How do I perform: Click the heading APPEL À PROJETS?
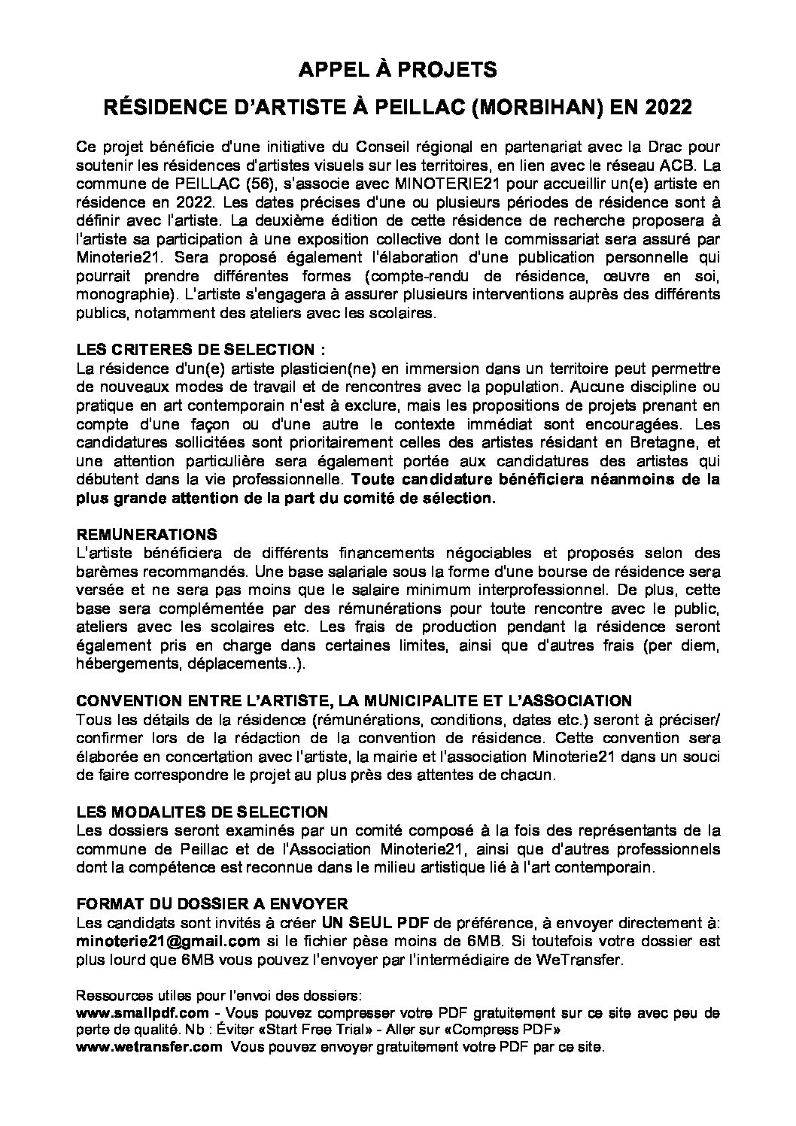(398, 71)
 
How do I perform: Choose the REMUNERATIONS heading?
(147, 534)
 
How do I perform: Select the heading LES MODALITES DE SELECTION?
(202, 812)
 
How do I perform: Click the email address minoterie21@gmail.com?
(168, 941)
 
